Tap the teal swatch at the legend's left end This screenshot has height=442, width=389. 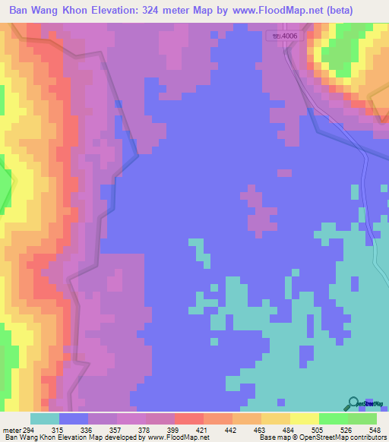[44, 418]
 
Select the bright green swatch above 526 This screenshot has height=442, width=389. [333, 418]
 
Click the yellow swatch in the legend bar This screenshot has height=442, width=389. [304, 418]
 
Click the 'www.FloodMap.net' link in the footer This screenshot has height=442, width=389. [176, 437]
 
